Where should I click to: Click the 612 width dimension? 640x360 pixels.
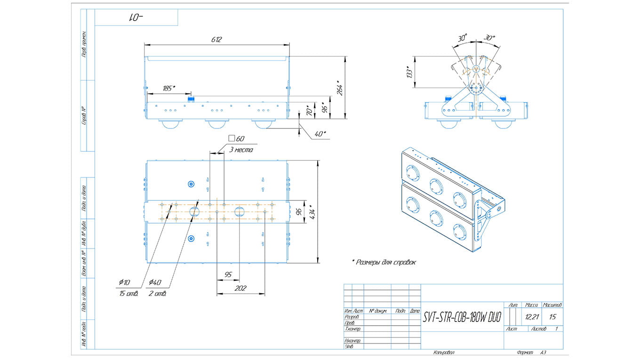coord(216,40)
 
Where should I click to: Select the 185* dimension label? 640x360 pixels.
coord(168,88)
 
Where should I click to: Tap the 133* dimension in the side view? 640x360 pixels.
coord(409,72)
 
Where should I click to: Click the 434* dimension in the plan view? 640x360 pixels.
coord(312,212)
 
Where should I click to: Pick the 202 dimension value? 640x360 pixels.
coord(240,288)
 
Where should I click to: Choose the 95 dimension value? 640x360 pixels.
coord(228,274)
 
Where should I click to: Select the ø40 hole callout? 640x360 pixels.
coord(155,282)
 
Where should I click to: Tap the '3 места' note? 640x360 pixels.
coord(241,150)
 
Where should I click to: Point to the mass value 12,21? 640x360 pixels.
coord(532,317)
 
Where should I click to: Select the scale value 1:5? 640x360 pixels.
coord(552,317)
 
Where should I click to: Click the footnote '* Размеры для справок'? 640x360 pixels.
coord(384,262)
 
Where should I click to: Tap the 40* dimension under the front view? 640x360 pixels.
coord(320,134)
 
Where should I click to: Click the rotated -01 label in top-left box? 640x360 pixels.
coord(136,17)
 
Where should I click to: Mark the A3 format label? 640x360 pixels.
coord(543,352)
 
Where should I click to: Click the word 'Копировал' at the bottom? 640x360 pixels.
coord(444,352)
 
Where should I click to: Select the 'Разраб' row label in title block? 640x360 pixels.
coord(352,317)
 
